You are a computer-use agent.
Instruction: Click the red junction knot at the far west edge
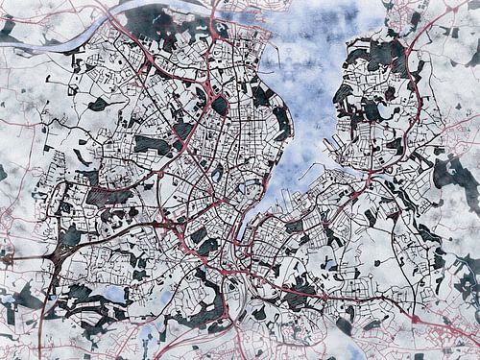(x=8, y=258)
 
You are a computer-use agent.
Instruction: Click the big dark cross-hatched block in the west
(x=108, y=197)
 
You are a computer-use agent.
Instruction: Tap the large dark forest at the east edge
(x=451, y=174)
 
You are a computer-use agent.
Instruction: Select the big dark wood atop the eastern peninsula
(x=384, y=53)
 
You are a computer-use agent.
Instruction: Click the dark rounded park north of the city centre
(x=220, y=104)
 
